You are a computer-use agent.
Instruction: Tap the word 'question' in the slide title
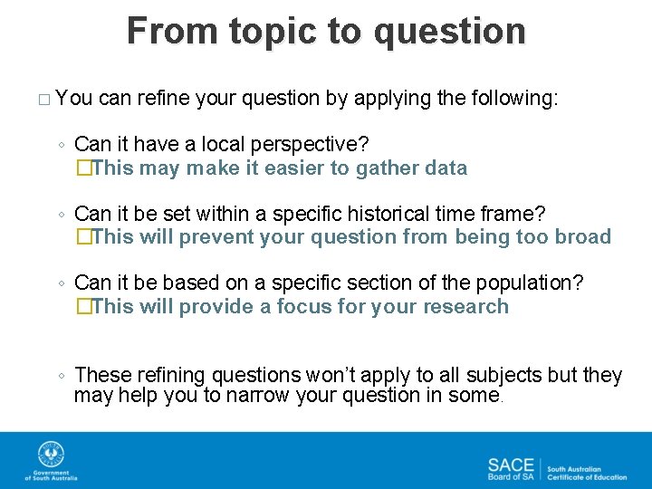coord(449,32)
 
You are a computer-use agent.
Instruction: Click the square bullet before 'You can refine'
coord(44,100)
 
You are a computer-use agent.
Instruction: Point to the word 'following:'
coord(514,99)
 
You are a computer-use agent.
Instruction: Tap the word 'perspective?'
coord(310,145)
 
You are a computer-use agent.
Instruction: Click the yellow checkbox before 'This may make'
coord(84,168)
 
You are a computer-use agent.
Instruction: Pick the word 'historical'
coord(388,214)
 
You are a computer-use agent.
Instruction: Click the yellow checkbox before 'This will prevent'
coord(84,237)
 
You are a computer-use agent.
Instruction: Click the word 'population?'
coord(530,283)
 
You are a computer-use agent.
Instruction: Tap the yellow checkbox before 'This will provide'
coord(84,306)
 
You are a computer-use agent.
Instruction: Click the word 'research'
coord(465,306)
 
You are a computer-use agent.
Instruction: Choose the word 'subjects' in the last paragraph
coord(504,376)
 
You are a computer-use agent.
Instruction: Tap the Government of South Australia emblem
coord(51,454)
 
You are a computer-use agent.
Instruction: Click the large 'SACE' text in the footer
coord(511,465)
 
